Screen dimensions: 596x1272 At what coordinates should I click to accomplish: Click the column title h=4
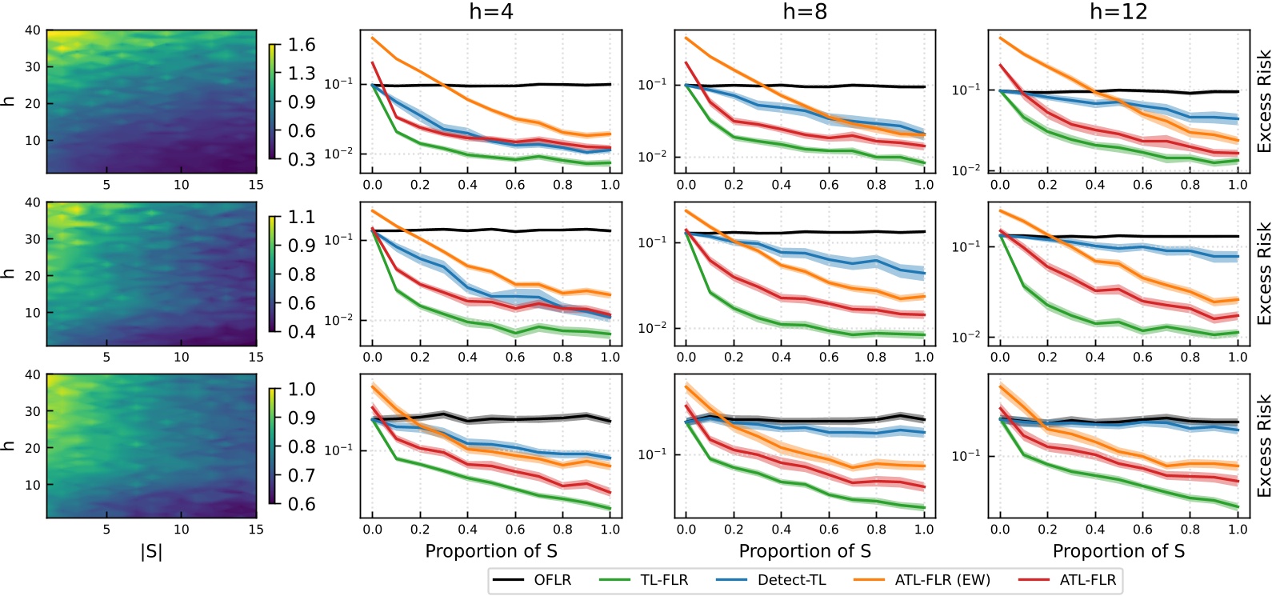click(x=490, y=12)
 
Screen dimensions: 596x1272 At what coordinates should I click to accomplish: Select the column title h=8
click(x=805, y=12)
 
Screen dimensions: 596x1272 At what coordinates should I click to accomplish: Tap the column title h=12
click(x=1118, y=12)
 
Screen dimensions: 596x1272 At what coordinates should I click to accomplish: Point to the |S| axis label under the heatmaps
click(x=151, y=551)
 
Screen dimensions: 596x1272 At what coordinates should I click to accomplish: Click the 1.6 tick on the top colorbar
click(x=302, y=45)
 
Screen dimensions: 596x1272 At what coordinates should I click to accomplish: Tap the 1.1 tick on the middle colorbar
click(x=302, y=217)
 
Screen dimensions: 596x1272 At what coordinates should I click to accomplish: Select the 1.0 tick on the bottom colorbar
click(x=302, y=390)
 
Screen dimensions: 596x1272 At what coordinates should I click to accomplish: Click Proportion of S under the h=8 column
click(x=805, y=551)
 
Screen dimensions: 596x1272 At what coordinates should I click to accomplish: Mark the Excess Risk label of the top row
click(x=1263, y=102)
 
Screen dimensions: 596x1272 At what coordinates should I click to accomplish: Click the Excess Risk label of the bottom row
click(x=1263, y=446)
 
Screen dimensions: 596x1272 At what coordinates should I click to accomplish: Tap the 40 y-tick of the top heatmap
click(x=32, y=30)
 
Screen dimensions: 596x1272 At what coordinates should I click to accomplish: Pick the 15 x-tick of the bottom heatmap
click(x=255, y=529)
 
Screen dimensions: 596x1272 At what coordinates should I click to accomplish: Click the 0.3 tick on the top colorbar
click(x=302, y=159)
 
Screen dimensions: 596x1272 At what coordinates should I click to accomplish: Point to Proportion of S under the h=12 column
click(x=1118, y=551)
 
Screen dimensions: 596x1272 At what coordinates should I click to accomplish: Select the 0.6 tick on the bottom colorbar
click(x=302, y=504)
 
